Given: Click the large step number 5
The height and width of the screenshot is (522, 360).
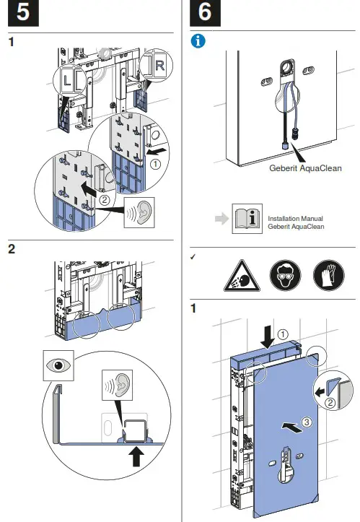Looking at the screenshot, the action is [x=23, y=12].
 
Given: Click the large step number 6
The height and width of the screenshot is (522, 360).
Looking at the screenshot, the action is [x=205, y=12].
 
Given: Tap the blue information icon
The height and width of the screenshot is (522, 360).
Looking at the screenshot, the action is [x=198, y=41].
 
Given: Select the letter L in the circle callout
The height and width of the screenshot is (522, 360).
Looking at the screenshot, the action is [x=68, y=80].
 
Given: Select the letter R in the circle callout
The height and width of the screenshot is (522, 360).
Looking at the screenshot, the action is [x=159, y=66].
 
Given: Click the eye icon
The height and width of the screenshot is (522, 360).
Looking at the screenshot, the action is [x=58, y=365].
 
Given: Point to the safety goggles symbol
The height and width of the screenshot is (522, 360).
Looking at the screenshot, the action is [x=285, y=275].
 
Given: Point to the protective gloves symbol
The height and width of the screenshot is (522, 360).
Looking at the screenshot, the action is [x=329, y=275].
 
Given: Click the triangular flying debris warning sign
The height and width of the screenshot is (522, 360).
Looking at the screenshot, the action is [x=242, y=277].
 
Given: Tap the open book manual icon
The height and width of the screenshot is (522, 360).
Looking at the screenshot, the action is [x=247, y=219].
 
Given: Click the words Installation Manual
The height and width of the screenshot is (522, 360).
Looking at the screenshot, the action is [x=296, y=219].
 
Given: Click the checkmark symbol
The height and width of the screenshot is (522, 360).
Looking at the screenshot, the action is [x=193, y=257].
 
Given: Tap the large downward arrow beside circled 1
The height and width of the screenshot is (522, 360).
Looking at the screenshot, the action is [x=268, y=337].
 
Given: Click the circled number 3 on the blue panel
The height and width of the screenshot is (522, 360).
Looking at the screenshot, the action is [x=307, y=422].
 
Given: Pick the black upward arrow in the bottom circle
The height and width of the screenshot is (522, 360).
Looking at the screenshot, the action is [x=136, y=456].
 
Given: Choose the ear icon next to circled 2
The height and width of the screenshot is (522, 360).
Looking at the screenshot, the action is [x=139, y=213].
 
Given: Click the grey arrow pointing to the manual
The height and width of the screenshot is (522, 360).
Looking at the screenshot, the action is [x=222, y=219].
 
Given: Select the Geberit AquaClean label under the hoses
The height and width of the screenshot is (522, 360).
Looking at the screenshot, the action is [x=305, y=168].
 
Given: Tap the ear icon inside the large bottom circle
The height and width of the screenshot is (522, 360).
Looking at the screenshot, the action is [x=117, y=385].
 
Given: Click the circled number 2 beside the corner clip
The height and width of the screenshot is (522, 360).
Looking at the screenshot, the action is [x=330, y=403].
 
